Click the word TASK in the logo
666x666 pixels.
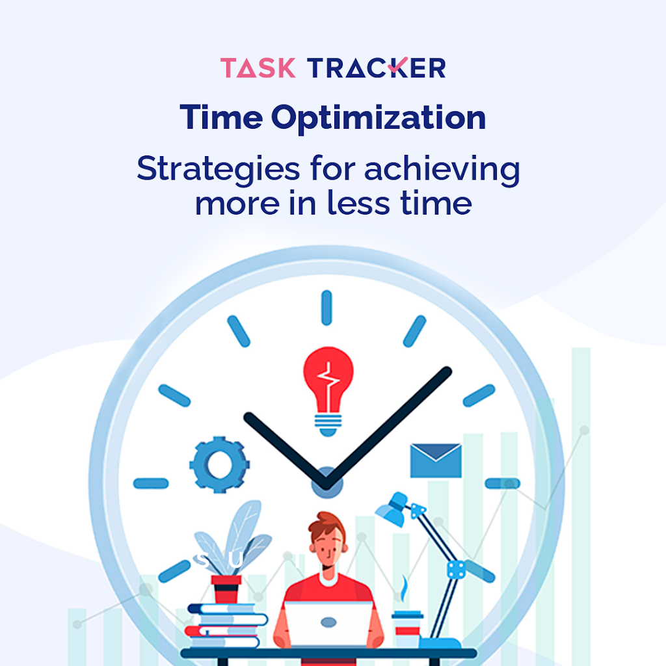pyautogui.click(x=258, y=68)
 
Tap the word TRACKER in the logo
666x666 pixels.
pyautogui.click(x=377, y=68)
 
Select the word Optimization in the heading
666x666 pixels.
pyautogui.click(x=379, y=117)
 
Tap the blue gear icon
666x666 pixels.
pyautogui.click(x=219, y=464)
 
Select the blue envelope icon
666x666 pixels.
pyautogui.click(x=436, y=460)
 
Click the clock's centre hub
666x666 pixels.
pyautogui.click(x=325, y=483)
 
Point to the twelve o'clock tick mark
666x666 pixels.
pyautogui.click(x=326, y=308)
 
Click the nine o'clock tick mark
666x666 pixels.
pyautogui.click(x=151, y=483)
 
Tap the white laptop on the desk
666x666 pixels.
pyautogui.click(x=329, y=624)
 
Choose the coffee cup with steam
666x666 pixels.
pyautogui.click(x=407, y=628)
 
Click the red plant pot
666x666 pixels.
pyautogui.click(x=226, y=589)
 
